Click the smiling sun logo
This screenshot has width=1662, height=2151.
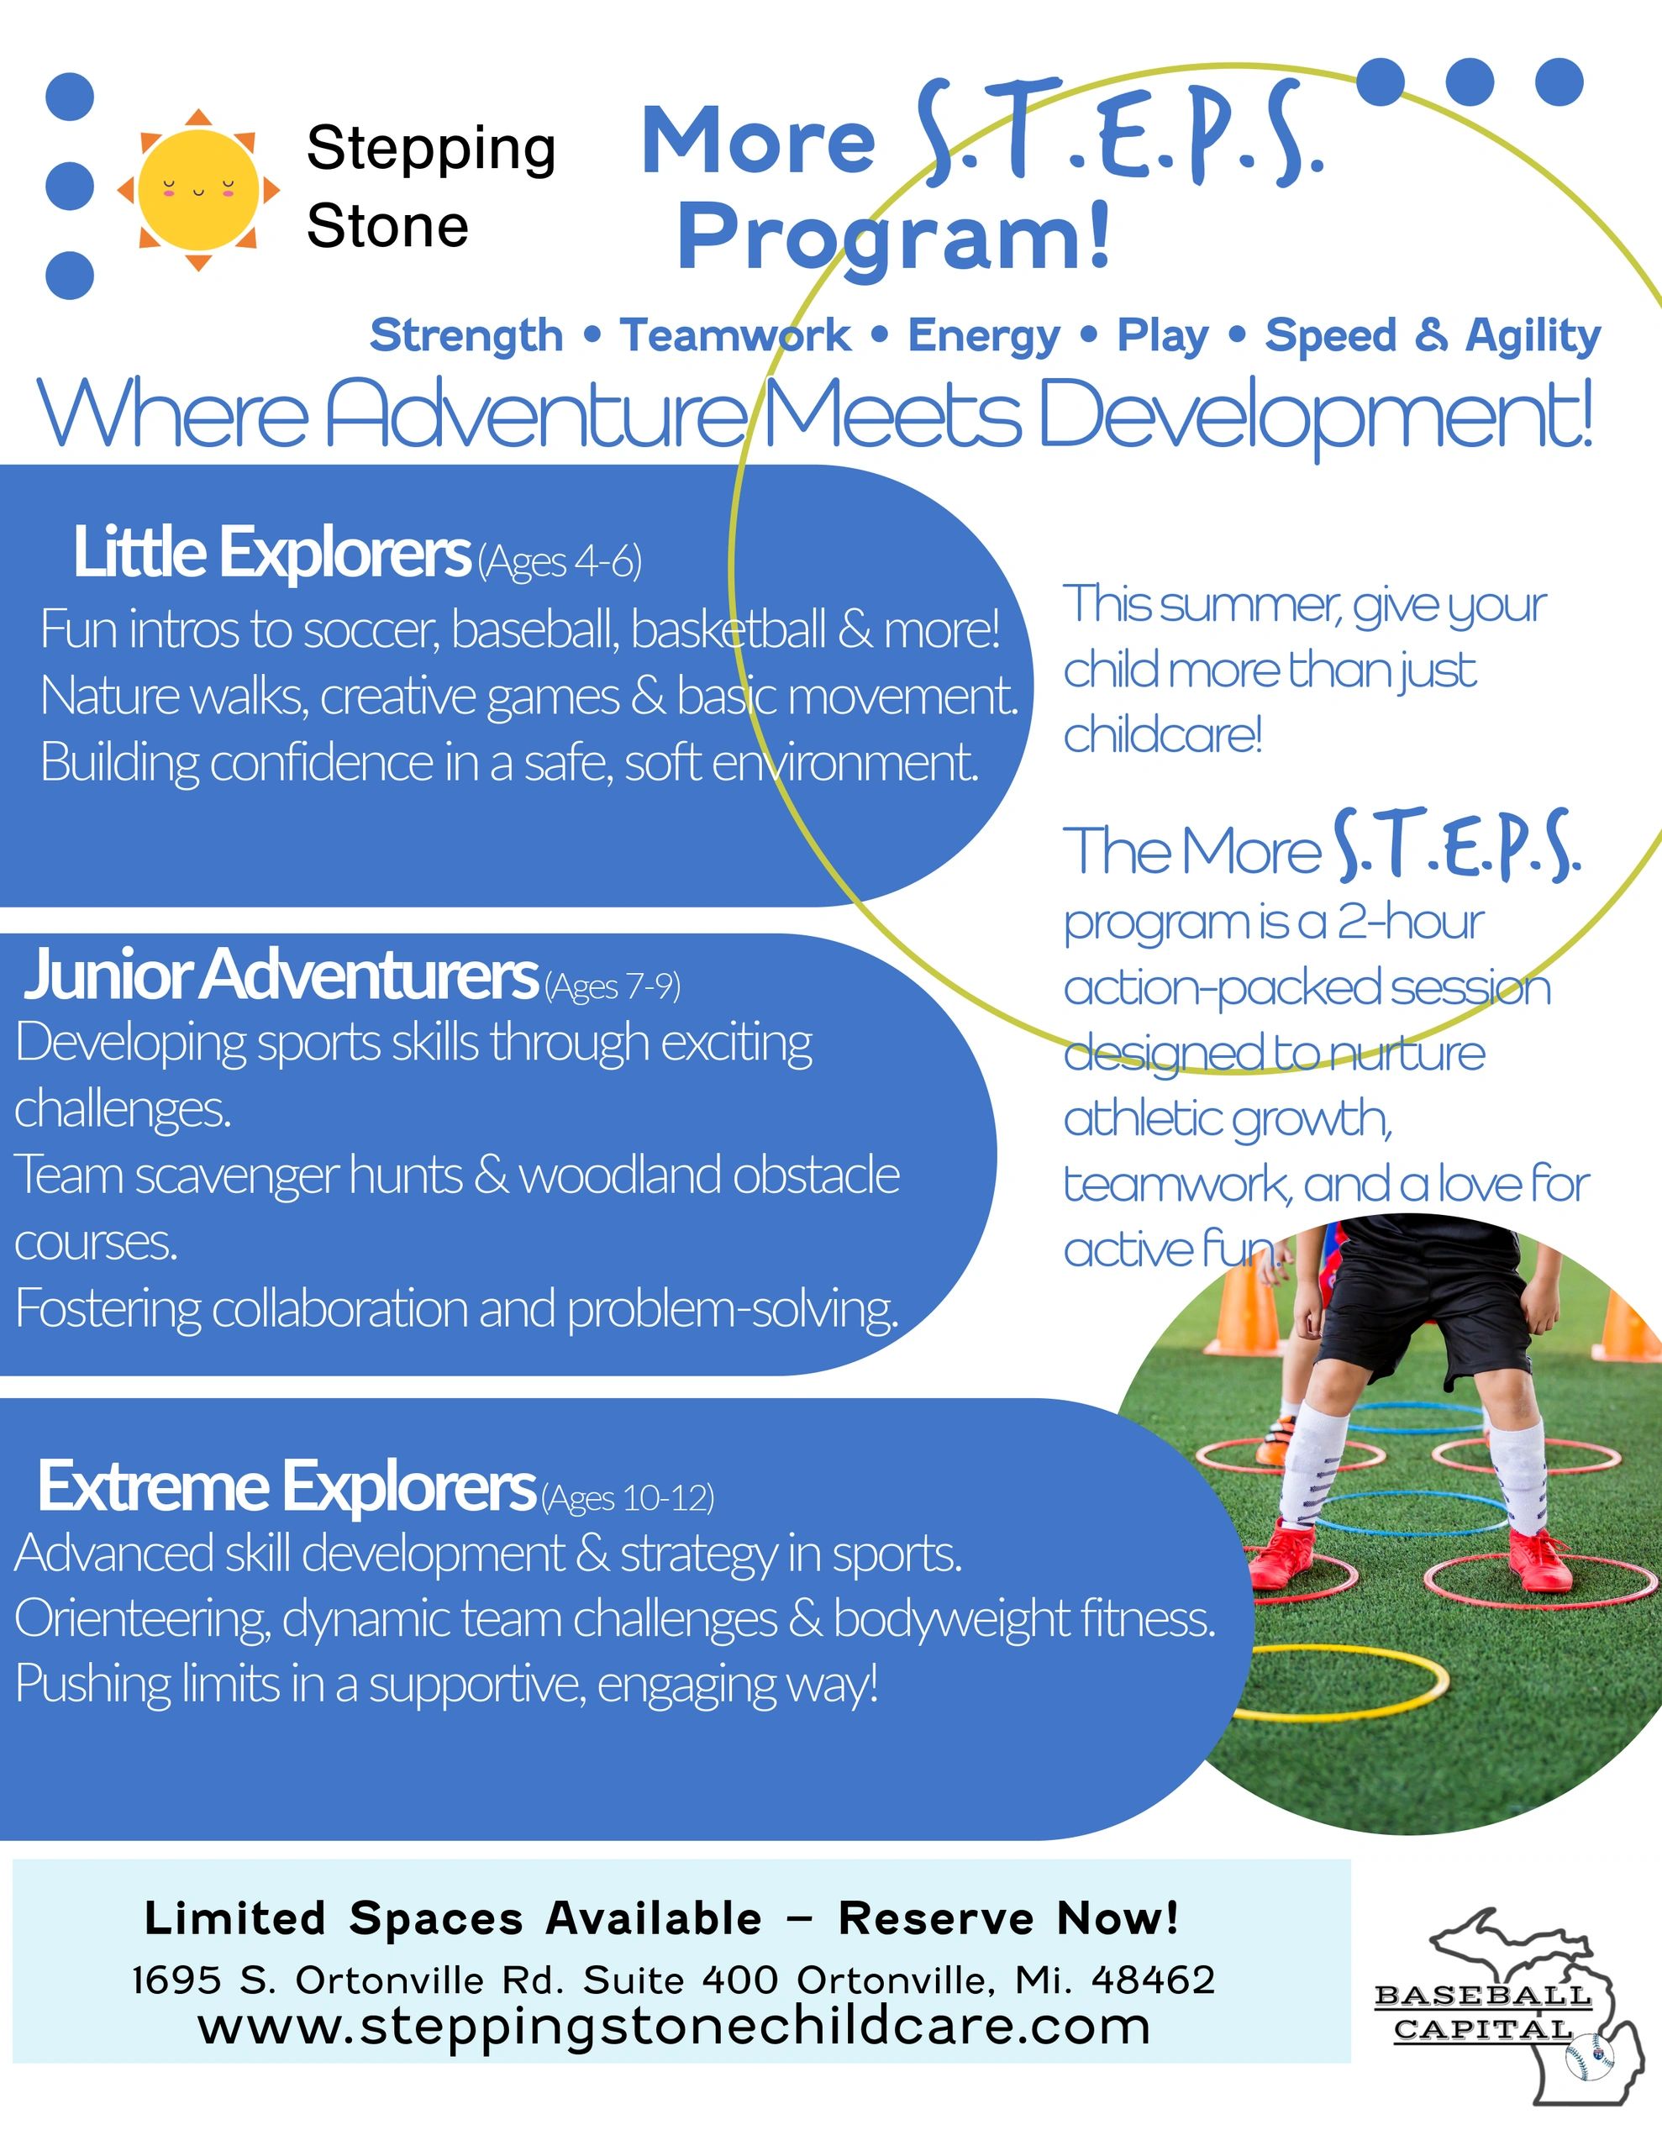coord(198,189)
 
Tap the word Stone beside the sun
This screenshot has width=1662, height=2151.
coord(387,227)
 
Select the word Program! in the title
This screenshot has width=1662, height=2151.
coord(893,237)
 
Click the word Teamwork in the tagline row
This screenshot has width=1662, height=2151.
coord(735,335)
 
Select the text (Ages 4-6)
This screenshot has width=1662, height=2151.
coord(560,562)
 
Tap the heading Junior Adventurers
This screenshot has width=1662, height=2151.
coord(281,974)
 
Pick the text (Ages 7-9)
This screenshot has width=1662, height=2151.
coord(612,986)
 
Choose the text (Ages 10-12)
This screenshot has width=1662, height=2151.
coord(628,1498)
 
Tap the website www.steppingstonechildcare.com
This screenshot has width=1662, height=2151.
coord(674,2027)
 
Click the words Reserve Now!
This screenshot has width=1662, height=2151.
coord(1009,1918)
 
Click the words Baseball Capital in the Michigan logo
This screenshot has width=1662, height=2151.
coord(1483,2012)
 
